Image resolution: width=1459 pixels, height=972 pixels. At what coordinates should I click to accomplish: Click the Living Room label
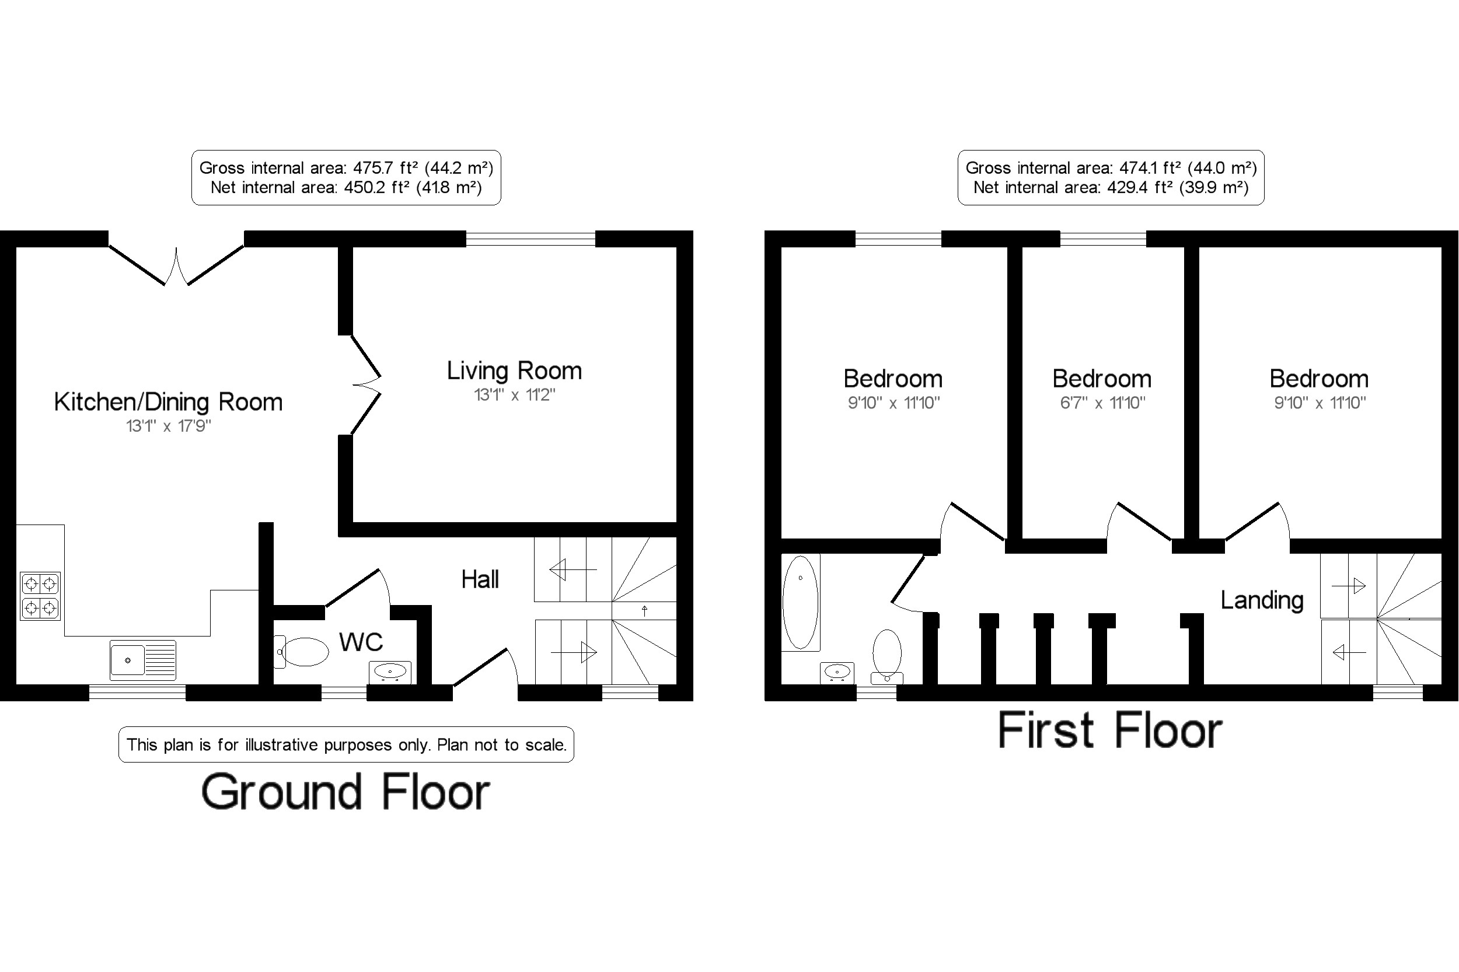(x=514, y=370)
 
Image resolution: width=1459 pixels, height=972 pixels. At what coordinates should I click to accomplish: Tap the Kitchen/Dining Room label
(x=168, y=401)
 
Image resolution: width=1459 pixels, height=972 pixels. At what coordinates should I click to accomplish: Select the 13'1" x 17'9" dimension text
(x=169, y=426)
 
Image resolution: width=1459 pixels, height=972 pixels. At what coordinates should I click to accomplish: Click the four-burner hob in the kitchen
(x=40, y=596)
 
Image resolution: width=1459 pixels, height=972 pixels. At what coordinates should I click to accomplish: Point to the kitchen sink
(x=142, y=659)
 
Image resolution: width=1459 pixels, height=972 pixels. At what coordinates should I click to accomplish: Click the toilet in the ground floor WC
(x=301, y=652)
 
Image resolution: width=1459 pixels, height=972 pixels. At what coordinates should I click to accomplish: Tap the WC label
(x=361, y=642)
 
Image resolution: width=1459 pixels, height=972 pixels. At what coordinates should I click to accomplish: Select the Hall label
(x=480, y=579)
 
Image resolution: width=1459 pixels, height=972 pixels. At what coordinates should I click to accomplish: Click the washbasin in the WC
(x=390, y=672)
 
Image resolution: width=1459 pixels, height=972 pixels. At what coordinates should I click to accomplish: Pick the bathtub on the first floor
(x=801, y=602)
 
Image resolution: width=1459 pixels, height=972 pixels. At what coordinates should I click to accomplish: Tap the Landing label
(x=1262, y=600)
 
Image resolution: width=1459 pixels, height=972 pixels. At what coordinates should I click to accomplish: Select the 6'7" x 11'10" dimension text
(x=1102, y=403)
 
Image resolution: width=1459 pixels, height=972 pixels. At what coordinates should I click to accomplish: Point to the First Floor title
(x=1110, y=730)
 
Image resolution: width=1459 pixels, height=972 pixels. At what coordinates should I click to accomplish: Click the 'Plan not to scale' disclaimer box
(x=346, y=744)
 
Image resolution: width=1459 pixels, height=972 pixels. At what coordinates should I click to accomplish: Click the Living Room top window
(x=530, y=239)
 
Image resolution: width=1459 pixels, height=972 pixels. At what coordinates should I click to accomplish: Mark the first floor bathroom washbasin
(x=837, y=673)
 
